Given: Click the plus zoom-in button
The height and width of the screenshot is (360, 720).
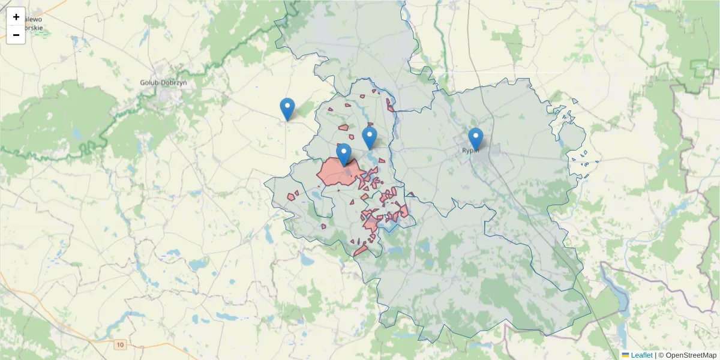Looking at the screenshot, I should (x=16, y=17).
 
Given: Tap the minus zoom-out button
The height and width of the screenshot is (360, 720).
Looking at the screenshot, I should (x=16, y=35).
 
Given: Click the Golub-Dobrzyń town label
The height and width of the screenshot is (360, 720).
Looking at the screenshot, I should (x=163, y=83).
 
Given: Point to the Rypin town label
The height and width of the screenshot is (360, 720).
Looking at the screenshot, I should (x=470, y=151).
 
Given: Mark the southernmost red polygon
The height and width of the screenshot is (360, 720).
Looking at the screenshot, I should (x=360, y=250).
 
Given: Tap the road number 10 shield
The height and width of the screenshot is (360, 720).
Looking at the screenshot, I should (x=121, y=344).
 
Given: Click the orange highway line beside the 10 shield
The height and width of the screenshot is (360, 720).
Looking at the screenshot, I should (x=150, y=345).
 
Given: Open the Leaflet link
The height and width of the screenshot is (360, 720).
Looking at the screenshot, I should (x=641, y=355).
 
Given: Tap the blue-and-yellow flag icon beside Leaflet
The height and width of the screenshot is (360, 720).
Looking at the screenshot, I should (x=625, y=355).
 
